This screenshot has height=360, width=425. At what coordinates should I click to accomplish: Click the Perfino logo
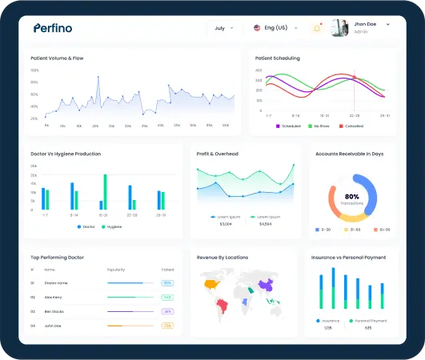53,28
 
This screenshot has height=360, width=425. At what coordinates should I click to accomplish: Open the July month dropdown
223,28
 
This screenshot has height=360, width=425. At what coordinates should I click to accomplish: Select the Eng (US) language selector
271,28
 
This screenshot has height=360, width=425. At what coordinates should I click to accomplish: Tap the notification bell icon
316,28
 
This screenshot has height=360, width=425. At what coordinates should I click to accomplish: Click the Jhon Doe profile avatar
340,27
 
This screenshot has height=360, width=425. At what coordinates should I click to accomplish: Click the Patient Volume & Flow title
57,58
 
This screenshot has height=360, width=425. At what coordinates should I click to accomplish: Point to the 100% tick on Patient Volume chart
34,70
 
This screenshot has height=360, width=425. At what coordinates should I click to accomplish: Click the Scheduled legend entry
288,126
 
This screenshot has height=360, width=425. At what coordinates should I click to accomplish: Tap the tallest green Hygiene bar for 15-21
105,193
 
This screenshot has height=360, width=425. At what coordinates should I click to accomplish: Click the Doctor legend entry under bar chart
86,226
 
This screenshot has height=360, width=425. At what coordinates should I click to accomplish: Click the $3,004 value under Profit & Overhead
226,224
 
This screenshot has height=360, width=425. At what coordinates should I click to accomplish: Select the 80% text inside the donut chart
351,196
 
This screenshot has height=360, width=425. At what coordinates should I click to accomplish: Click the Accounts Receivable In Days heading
349,154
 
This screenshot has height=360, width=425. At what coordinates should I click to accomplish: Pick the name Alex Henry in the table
53,297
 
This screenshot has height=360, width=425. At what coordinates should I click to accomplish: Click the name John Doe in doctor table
52,326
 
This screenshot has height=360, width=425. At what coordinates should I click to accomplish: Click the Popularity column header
116,270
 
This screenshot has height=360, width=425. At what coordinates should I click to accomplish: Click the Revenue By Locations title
223,258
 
